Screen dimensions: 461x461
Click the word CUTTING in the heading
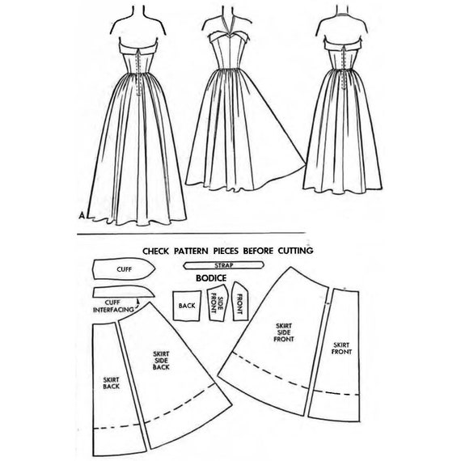(x=295, y=251)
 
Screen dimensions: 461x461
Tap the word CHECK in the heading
(x=156, y=252)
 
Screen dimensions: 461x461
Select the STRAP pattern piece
(x=223, y=265)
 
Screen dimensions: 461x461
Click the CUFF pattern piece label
(x=125, y=269)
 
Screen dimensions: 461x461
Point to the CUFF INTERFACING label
(x=113, y=306)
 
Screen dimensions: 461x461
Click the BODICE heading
(x=211, y=278)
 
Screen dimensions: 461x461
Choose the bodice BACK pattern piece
(x=187, y=306)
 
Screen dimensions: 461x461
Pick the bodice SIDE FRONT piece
(x=218, y=302)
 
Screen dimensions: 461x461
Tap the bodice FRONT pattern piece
(x=240, y=301)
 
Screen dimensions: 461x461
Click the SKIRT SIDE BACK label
(x=161, y=361)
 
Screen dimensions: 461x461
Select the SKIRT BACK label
(x=111, y=383)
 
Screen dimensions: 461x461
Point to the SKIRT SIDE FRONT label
(x=284, y=332)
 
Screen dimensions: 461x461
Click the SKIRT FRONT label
(x=341, y=349)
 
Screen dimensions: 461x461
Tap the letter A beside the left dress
(x=82, y=215)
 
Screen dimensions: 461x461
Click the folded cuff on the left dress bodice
(x=138, y=48)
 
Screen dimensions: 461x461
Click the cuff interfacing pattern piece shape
(x=124, y=292)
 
